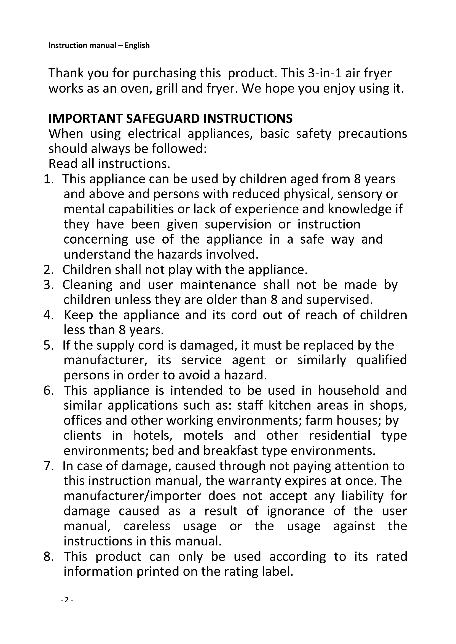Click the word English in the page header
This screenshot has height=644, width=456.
pos(137,45)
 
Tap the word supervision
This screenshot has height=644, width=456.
pos(238,224)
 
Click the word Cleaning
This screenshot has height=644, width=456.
pos(87,285)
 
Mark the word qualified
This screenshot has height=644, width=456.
pos(381,360)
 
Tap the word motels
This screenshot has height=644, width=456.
pos(203,436)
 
